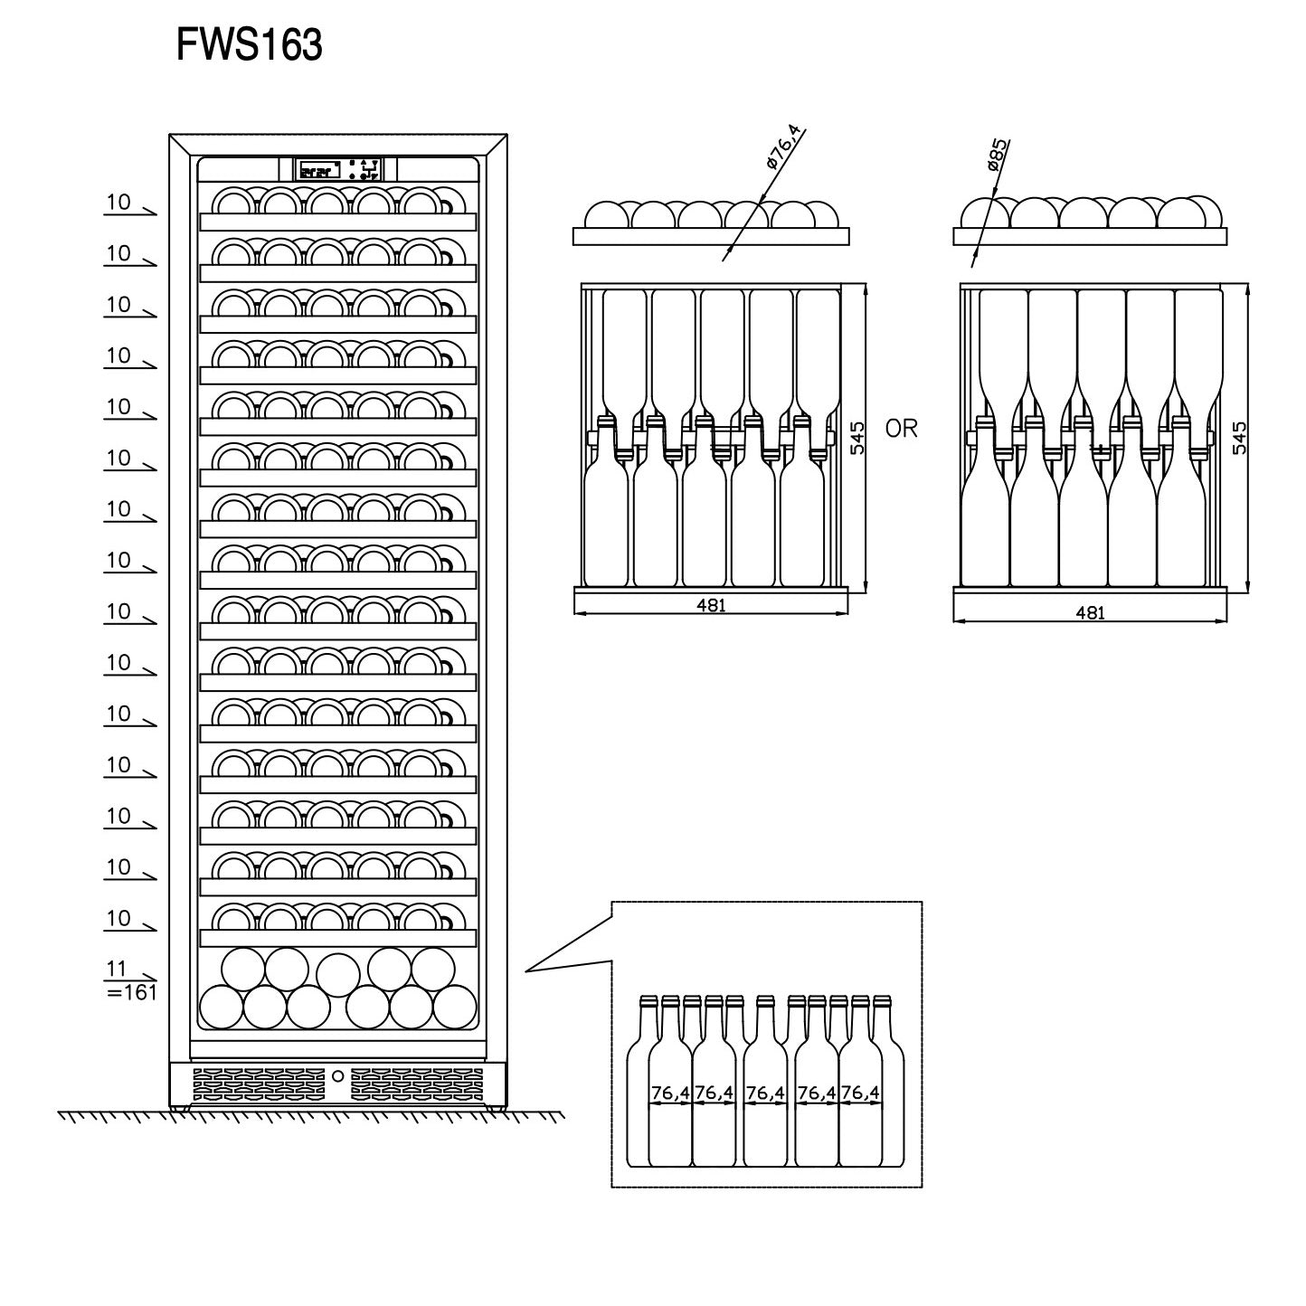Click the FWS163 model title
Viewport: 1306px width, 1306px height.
249,45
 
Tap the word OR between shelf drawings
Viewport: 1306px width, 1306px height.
901,429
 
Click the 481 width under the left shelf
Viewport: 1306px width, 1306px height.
711,606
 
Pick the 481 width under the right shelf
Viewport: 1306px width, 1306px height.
1090,612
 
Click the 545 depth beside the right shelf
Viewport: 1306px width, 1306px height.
1240,437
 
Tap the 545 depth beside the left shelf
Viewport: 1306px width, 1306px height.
858,437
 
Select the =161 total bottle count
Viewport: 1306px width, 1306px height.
132,993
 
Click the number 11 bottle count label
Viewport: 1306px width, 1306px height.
117,970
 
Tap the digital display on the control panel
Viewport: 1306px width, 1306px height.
318,169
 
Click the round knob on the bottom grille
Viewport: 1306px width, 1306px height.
337,1076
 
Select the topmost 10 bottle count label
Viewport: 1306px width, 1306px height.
118,203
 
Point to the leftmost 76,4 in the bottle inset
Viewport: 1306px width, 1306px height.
670,1093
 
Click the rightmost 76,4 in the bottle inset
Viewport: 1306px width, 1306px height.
860,1093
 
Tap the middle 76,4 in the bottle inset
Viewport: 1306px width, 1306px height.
765,1093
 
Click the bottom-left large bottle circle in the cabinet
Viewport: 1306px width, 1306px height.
221,1007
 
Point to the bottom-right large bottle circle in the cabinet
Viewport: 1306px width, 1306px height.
454,1007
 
